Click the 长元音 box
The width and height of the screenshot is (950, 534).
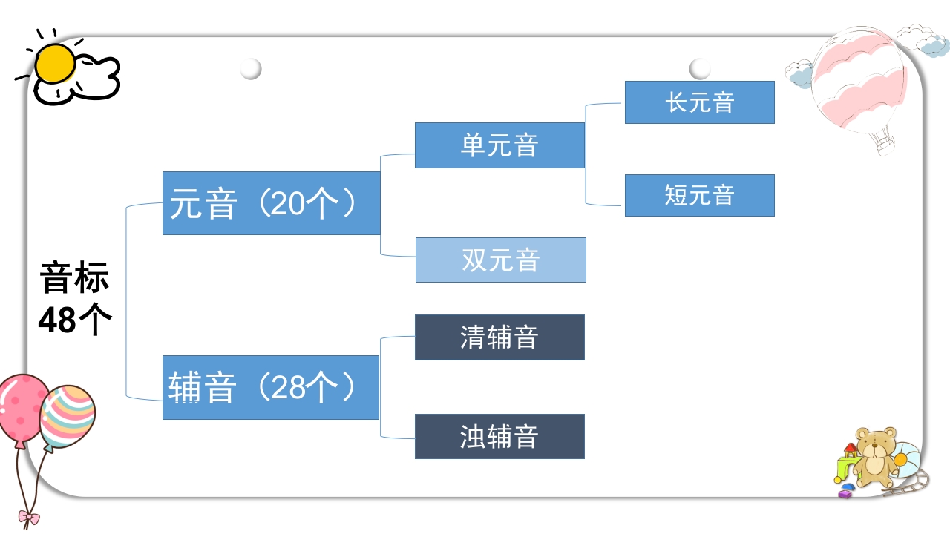700,102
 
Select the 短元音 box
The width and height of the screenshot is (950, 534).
700,195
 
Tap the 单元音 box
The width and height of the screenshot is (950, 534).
499,145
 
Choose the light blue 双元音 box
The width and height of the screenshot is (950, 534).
501,260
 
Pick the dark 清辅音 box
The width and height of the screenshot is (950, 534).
499,337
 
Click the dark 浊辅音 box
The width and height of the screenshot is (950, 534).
499,437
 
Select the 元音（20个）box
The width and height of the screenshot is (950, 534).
272,203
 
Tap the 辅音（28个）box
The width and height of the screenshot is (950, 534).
271,387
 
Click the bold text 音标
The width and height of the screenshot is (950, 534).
75,277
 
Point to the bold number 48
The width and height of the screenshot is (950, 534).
57,320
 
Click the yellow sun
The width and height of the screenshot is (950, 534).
55,64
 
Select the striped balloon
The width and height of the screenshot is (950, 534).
68,416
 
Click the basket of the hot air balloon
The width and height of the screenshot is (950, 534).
885,147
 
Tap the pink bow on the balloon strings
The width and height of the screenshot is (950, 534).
29,518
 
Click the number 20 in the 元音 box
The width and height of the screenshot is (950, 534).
286,203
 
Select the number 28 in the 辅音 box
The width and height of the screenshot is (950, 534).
286,387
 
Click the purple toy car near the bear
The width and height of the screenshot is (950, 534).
845,494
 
